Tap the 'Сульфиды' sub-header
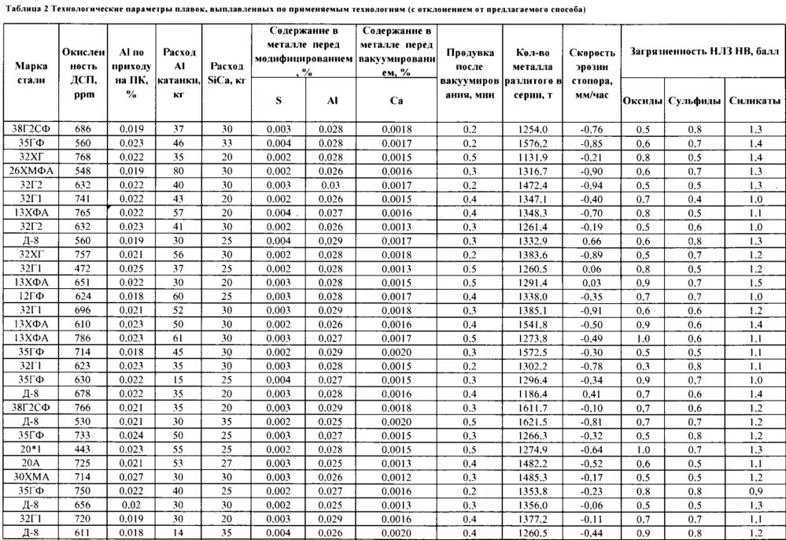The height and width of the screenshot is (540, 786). [694, 102]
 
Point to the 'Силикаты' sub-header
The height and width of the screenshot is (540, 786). [754, 102]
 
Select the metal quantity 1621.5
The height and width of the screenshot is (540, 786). [533, 422]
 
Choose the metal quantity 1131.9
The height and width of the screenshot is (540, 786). [533, 157]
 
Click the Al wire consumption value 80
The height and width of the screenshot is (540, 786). [179, 171]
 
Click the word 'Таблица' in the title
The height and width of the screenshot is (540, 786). [24, 9]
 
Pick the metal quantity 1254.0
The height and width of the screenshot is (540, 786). [533, 129]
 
